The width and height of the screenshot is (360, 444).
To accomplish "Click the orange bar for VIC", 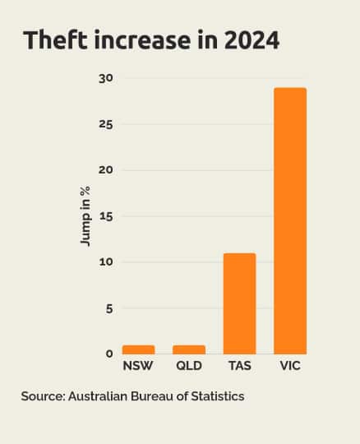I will [290, 221].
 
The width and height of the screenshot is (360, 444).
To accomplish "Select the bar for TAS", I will [239, 303].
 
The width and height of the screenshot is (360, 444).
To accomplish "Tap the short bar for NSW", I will [138, 349].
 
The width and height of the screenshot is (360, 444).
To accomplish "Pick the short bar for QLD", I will [189, 349].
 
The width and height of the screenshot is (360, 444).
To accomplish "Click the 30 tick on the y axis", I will [106, 78].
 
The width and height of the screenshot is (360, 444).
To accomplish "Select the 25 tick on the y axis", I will [106, 124].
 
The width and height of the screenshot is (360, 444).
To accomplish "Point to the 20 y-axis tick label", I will [106, 170].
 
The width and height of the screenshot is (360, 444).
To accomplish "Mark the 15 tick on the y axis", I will [106, 216].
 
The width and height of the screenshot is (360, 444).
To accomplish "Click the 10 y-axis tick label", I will [106, 262].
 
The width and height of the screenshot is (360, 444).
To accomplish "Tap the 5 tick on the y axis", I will [109, 308].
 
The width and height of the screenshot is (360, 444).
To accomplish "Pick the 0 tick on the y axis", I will [109, 354].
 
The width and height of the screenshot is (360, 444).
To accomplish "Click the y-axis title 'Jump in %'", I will [85, 216].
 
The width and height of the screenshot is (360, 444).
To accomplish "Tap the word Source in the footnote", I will [42, 396].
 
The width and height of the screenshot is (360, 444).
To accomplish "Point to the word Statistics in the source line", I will [216, 396].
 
